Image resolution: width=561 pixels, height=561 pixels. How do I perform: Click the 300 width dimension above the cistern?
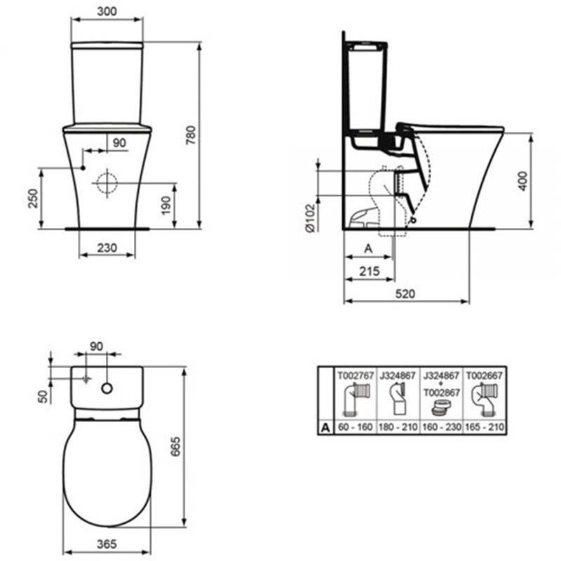click(107, 11)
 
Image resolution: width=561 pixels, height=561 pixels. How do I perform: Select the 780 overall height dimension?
click(191, 135)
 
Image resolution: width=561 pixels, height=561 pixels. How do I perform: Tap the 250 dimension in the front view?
click(32, 198)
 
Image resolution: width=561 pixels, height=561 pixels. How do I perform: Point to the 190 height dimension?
click(165, 205)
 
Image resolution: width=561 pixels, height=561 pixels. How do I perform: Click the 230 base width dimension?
click(107, 248)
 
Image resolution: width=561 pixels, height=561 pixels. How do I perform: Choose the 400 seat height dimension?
click(522, 181)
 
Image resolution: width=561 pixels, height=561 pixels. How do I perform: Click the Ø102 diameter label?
click(311, 218)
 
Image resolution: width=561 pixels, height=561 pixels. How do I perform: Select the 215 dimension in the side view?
click(370, 271)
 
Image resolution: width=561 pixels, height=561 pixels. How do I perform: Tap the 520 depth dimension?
click(405, 294)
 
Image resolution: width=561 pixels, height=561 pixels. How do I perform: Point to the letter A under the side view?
click(368, 248)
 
